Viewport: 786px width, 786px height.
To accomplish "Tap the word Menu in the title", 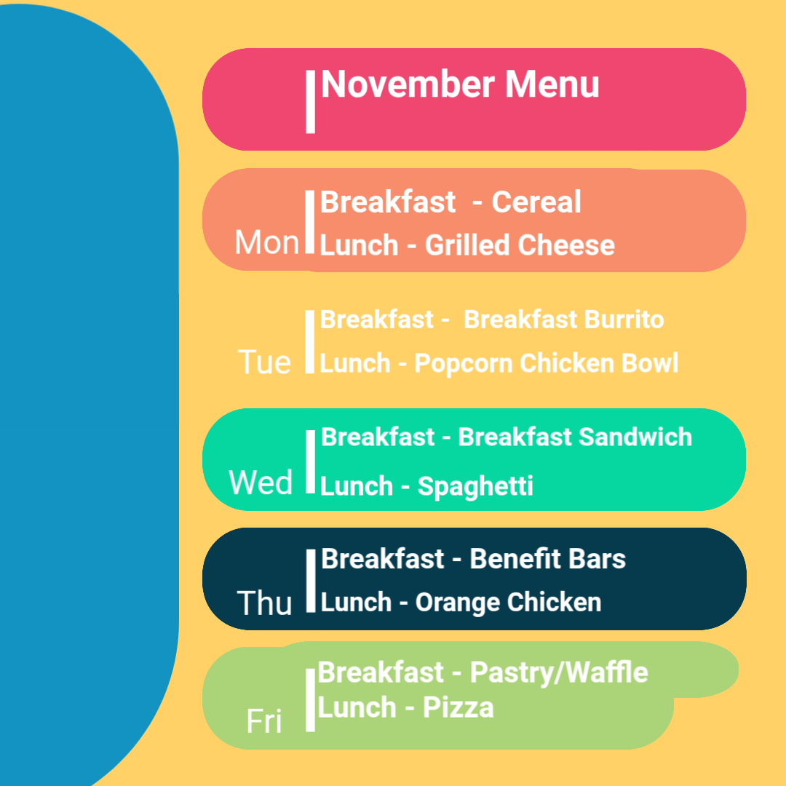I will tap(552, 84).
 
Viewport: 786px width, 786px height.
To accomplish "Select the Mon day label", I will tap(266, 242).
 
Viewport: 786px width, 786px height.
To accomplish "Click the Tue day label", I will tap(264, 362).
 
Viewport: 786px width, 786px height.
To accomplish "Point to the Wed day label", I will tap(261, 483).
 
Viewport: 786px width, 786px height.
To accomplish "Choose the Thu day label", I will tap(264, 603).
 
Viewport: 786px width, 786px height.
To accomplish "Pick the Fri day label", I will tap(264, 721).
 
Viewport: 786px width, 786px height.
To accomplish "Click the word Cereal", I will tap(536, 202).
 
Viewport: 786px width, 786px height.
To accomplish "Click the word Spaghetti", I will tap(475, 486).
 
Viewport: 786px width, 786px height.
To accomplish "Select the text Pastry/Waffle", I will tap(559, 672).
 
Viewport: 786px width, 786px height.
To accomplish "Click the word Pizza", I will tap(458, 707).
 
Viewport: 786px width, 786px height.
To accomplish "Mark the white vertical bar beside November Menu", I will tap(310, 102).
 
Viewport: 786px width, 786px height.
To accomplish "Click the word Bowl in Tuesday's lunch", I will tap(650, 363).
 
